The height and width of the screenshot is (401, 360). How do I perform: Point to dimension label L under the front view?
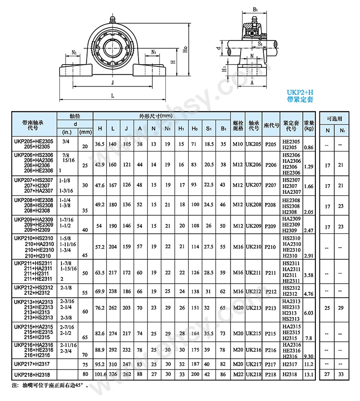113,95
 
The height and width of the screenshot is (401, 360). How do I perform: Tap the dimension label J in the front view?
113,82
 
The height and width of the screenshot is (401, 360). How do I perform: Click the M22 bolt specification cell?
238,375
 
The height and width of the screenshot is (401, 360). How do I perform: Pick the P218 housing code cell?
271,375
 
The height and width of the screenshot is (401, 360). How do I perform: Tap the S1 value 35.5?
209,333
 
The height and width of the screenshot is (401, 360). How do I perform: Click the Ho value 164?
195,333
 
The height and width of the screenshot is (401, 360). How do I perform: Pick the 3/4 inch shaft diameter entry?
66,141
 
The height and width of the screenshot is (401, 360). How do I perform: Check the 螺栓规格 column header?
238,125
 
